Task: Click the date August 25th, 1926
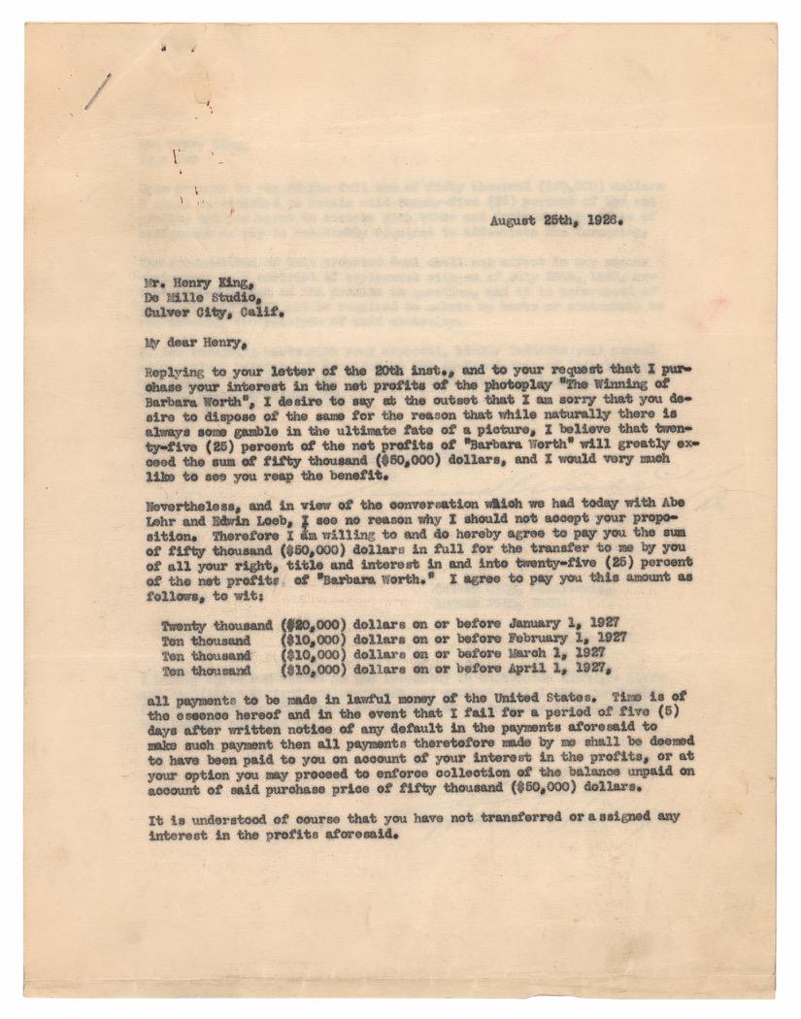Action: coord(554,220)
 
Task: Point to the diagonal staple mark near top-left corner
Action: coord(97,90)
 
